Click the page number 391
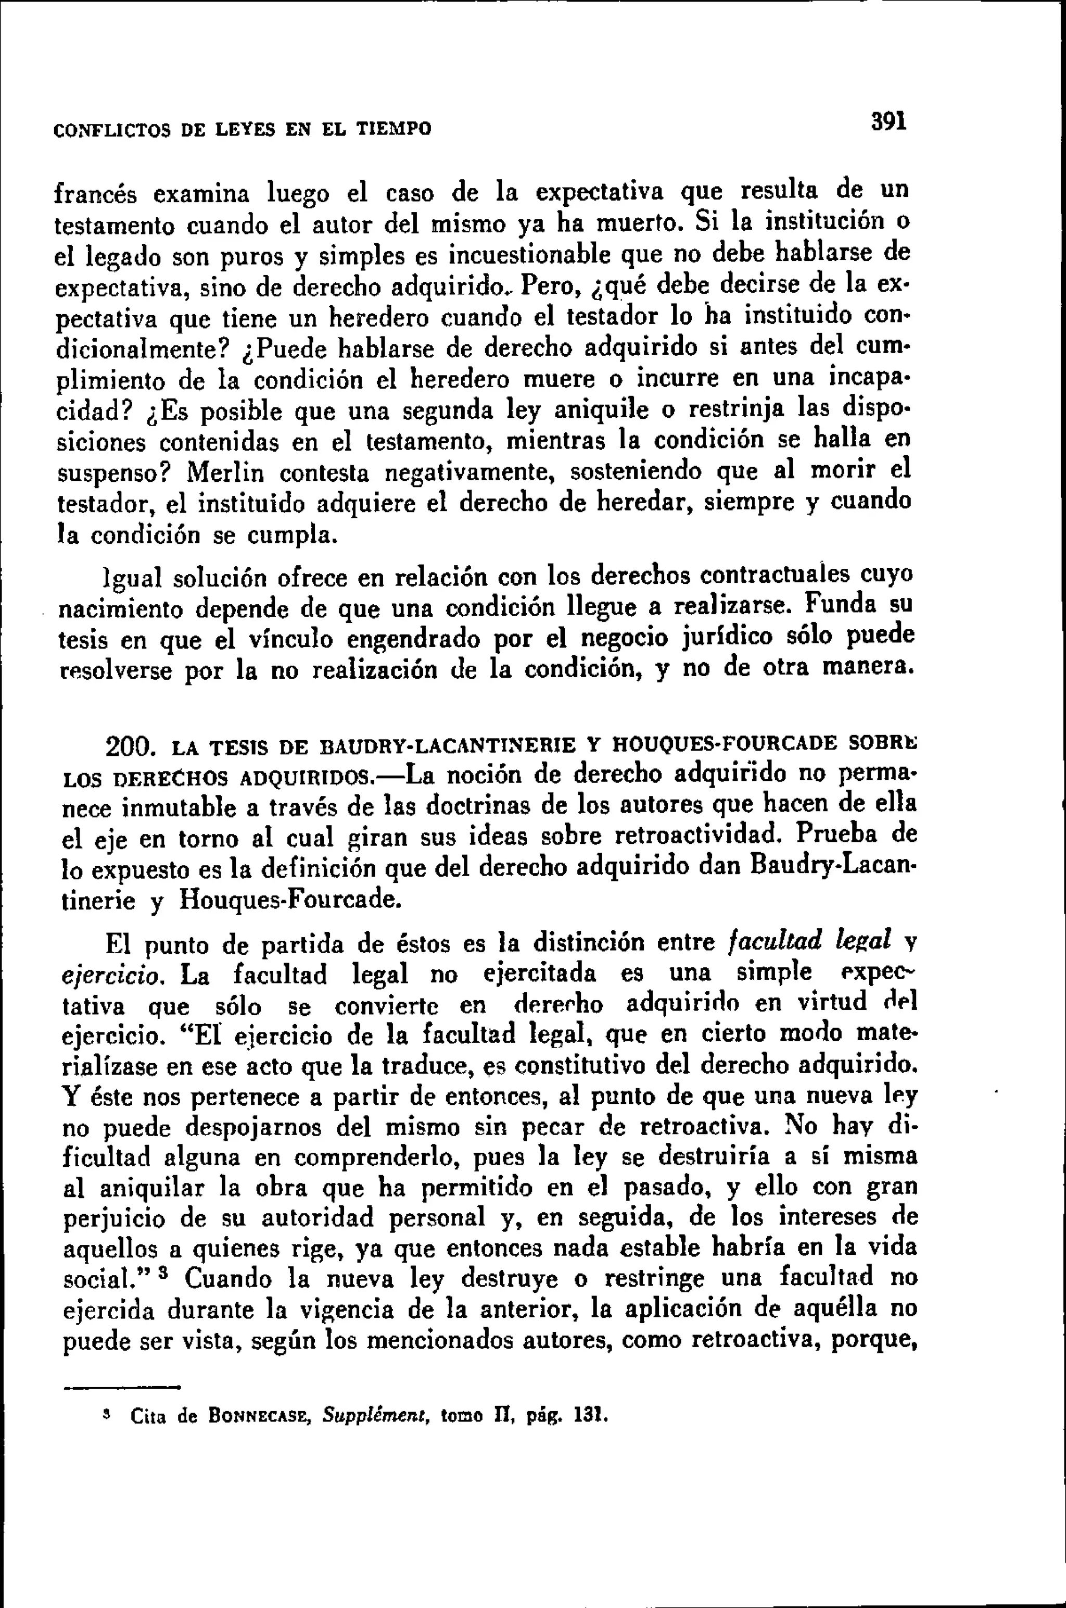889,122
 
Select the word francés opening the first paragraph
95,194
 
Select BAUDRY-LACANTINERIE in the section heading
448,745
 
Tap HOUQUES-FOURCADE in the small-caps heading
724,743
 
